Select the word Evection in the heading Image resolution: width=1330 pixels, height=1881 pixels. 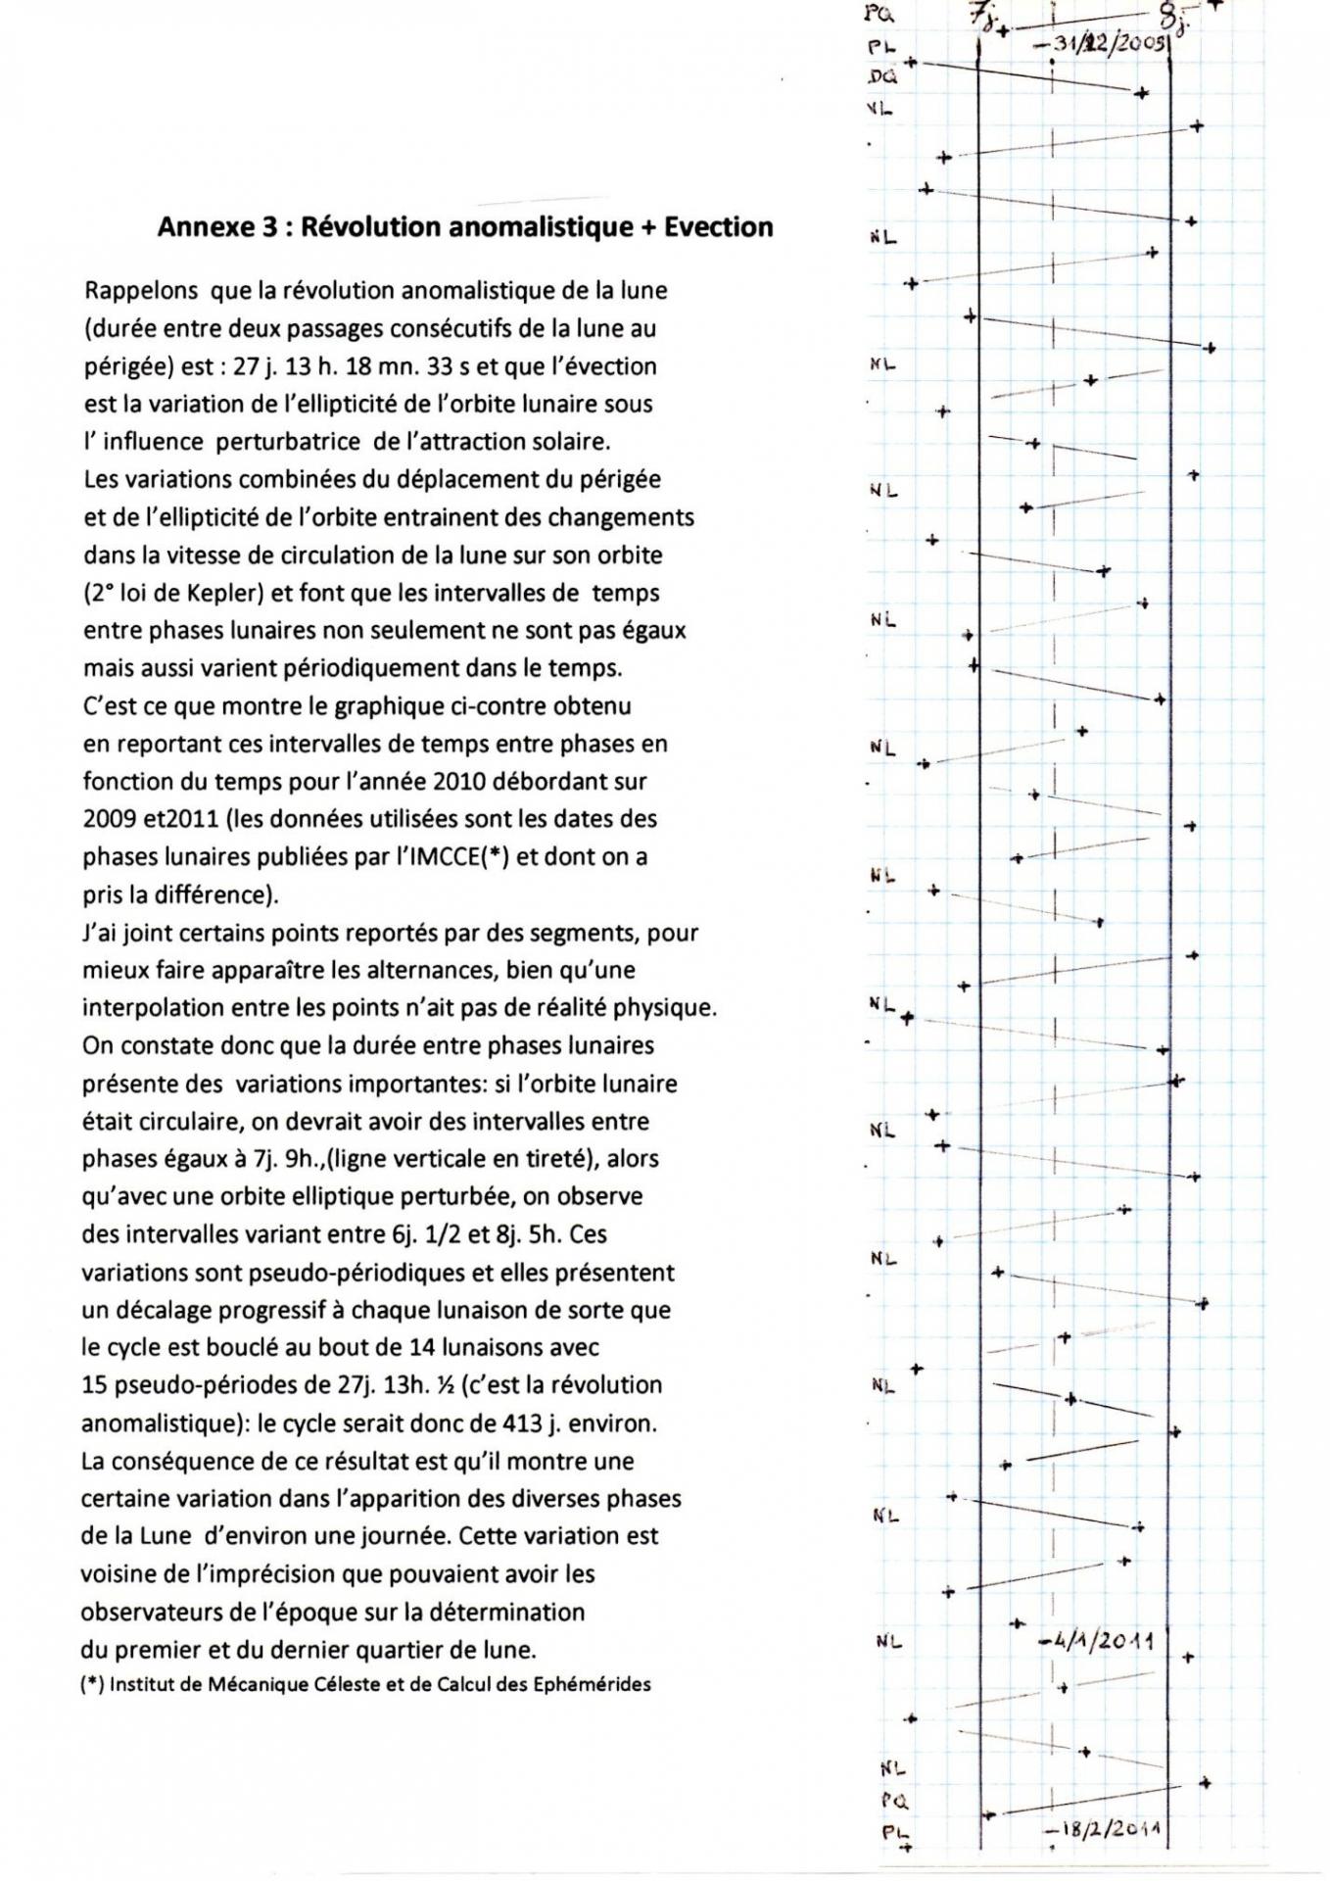coord(719,227)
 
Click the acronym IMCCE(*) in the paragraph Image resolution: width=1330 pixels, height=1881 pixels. coord(454,856)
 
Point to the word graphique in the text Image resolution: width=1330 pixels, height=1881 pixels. coord(387,706)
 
